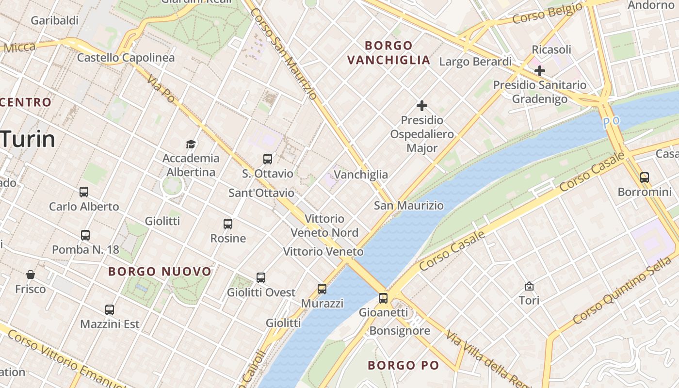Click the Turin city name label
click(28, 140)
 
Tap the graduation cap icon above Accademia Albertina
click(191, 144)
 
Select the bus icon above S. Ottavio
click(267, 159)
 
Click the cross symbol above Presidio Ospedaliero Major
click(422, 106)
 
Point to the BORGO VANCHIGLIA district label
click(388, 53)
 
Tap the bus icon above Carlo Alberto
click(84, 192)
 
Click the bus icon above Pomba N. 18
click(85, 235)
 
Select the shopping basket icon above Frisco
click(31, 275)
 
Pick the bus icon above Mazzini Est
click(110, 309)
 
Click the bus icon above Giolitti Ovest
click(261, 278)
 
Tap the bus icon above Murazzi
click(322, 289)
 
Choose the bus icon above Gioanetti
click(383, 298)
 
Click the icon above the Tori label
click(529, 286)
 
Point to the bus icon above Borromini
click(644, 178)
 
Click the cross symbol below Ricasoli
click(539, 71)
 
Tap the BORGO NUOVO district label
click(160, 272)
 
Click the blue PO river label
click(612, 122)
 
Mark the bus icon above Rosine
click(228, 224)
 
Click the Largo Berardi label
click(475, 62)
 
